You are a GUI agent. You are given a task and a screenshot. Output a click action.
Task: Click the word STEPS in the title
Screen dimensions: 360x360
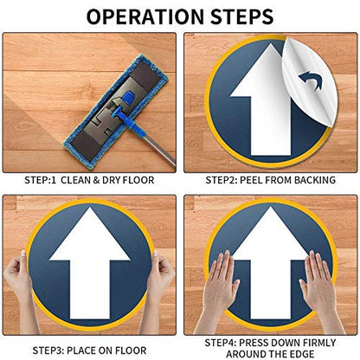tap(241, 16)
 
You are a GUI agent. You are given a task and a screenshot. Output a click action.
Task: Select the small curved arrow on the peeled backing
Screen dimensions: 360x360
tap(311, 80)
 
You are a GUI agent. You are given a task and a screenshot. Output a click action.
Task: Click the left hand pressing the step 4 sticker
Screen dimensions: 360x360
tap(218, 292)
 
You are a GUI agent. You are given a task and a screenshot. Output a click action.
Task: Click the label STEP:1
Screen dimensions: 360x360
tap(40, 180)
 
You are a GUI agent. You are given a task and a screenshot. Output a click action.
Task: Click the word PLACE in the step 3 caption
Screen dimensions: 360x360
tap(81, 350)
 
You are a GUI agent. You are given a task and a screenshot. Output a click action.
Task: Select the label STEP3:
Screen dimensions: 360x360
tap(48, 350)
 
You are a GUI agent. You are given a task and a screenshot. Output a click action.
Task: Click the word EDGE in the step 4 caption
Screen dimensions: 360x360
tap(302, 354)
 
